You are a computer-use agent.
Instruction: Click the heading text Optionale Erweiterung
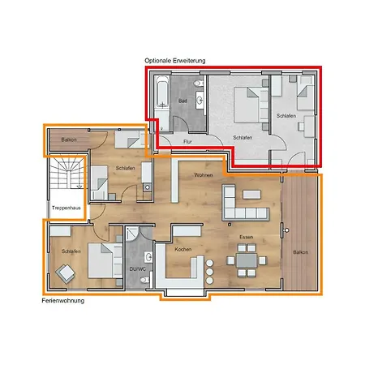coord(175,61)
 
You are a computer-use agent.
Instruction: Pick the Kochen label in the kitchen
coord(183,250)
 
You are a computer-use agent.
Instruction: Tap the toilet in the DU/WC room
coord(144,281)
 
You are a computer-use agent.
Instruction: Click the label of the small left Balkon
coord(69,141)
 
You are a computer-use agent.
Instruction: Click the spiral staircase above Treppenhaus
coord(64,179)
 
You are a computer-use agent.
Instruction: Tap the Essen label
coord(246,237)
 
